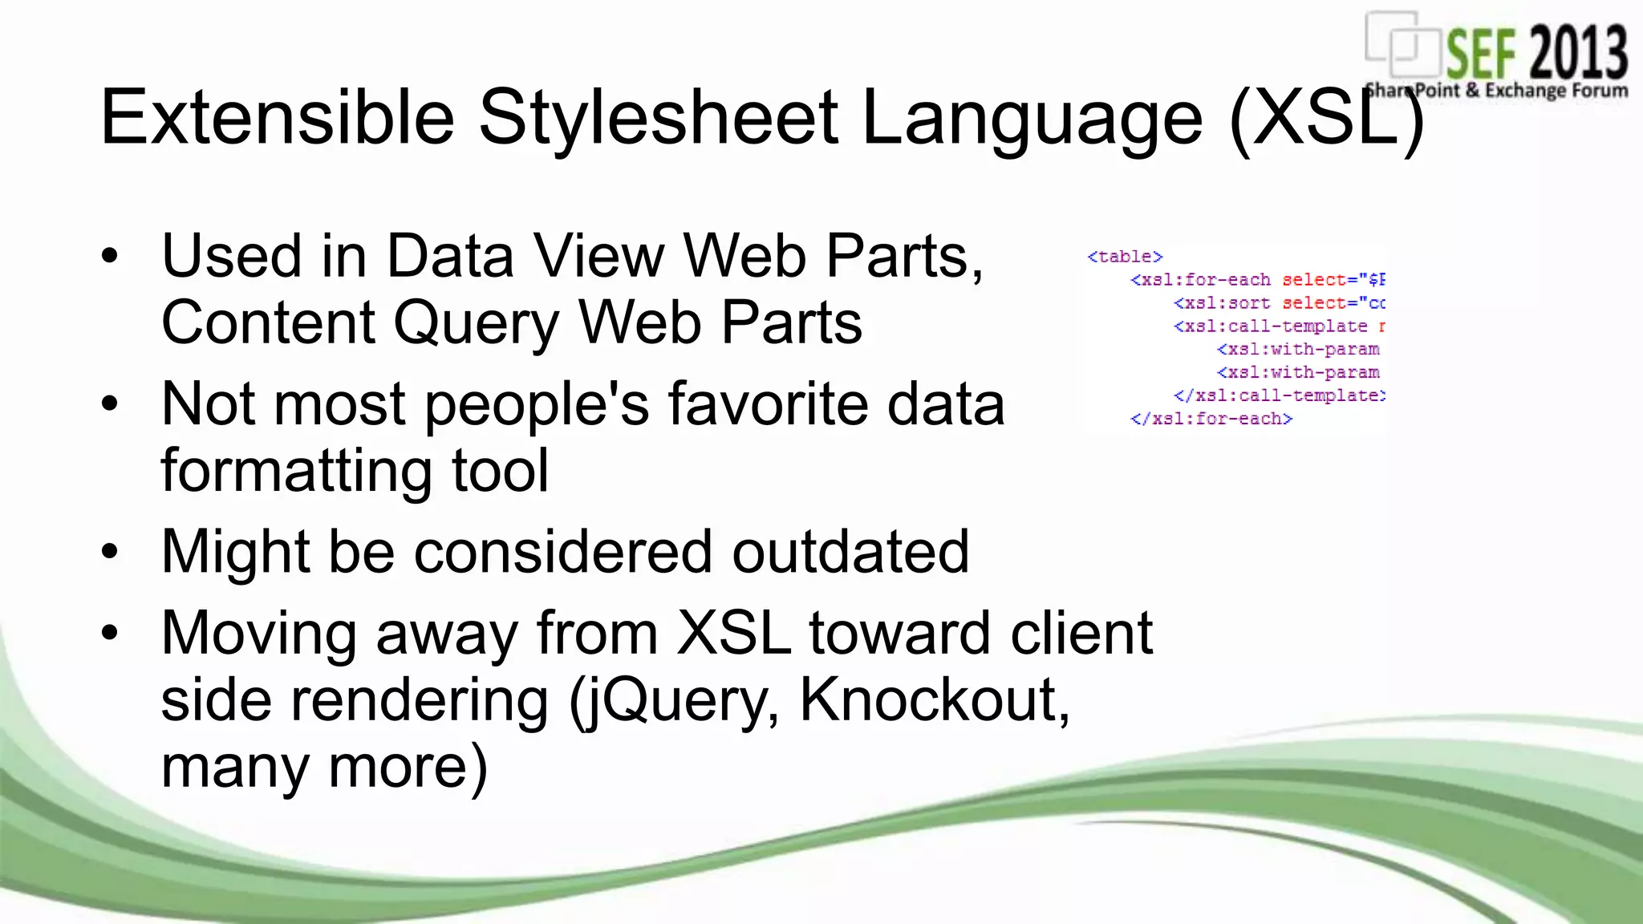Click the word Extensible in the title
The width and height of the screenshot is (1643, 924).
coord(278,118)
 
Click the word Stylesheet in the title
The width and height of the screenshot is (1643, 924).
coord(658,118)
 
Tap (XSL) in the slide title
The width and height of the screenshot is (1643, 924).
coord(1326,120)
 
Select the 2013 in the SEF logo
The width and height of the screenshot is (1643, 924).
coord(1578,53)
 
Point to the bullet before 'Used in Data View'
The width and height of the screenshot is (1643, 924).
coord(110,257)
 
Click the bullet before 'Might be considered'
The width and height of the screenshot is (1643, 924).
coord(110,552)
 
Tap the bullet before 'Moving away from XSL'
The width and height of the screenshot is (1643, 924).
coord(110,633)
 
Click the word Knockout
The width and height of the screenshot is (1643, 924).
coord(935,700)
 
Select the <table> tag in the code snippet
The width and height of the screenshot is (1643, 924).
coord(1125,257)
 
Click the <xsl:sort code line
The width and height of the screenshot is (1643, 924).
coord(1279,303)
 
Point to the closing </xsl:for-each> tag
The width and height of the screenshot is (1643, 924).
coord(1211,419)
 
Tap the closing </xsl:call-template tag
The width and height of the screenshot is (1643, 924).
coord(1279,395)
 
